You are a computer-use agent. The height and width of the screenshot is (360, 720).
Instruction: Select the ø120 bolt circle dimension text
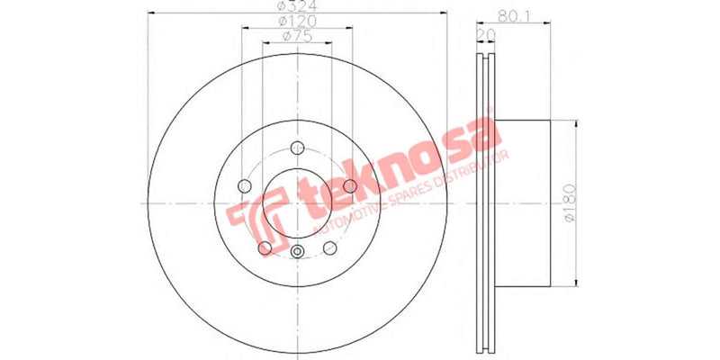tap(297, 20)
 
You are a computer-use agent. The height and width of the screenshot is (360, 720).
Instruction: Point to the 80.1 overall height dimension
tap(514, 15)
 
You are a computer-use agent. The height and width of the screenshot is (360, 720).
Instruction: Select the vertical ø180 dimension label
tap(570, 204)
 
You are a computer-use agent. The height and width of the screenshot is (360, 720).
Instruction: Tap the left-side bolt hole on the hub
tap(244, 186)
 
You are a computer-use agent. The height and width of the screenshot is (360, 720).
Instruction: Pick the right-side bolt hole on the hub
tap(350, 186)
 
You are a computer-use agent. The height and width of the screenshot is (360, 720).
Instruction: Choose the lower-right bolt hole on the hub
tap(329, 248)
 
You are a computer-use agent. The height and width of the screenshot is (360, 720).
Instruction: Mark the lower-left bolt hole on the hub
tap(265, 248)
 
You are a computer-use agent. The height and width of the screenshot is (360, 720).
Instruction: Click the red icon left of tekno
tap(252, 225)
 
